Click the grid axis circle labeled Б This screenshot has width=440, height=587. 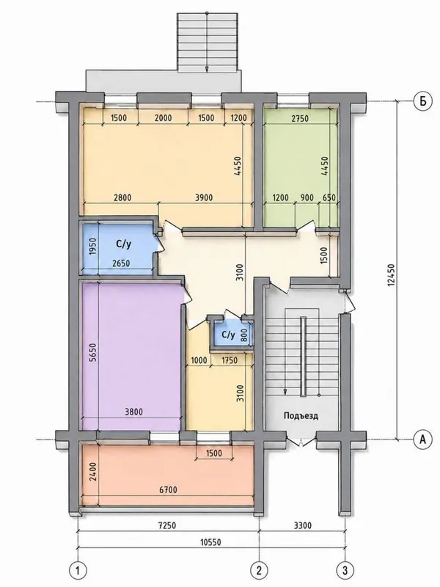[x=423, y=101]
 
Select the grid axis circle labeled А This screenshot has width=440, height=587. [x=423, y=439]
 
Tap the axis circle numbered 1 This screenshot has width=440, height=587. [x=78, y=571]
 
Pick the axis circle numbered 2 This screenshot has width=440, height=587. [x=260, y=571]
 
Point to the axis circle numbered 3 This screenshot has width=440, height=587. [x=345, y=571]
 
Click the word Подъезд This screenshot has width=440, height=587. [x=301, y=415]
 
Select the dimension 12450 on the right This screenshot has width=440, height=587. [x=392, y=276]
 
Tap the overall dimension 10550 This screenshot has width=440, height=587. [x=210, y=542]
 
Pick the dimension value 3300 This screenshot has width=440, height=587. [x=302, y=525]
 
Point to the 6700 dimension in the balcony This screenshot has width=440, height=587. [x=168, y=489]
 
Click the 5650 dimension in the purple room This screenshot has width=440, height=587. [x=93, y=352]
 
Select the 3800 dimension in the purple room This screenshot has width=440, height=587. [x=133, y=412]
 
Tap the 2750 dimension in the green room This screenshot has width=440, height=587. [x=300, y=118]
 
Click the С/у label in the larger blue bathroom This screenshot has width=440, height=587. [x=123, y=244]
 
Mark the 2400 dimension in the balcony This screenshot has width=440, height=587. [x=93, y=472]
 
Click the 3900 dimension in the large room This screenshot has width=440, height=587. [x=204, y=197]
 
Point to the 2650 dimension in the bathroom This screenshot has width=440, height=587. [x=121, y=263]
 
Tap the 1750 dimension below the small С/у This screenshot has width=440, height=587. [x=230, y=360]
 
